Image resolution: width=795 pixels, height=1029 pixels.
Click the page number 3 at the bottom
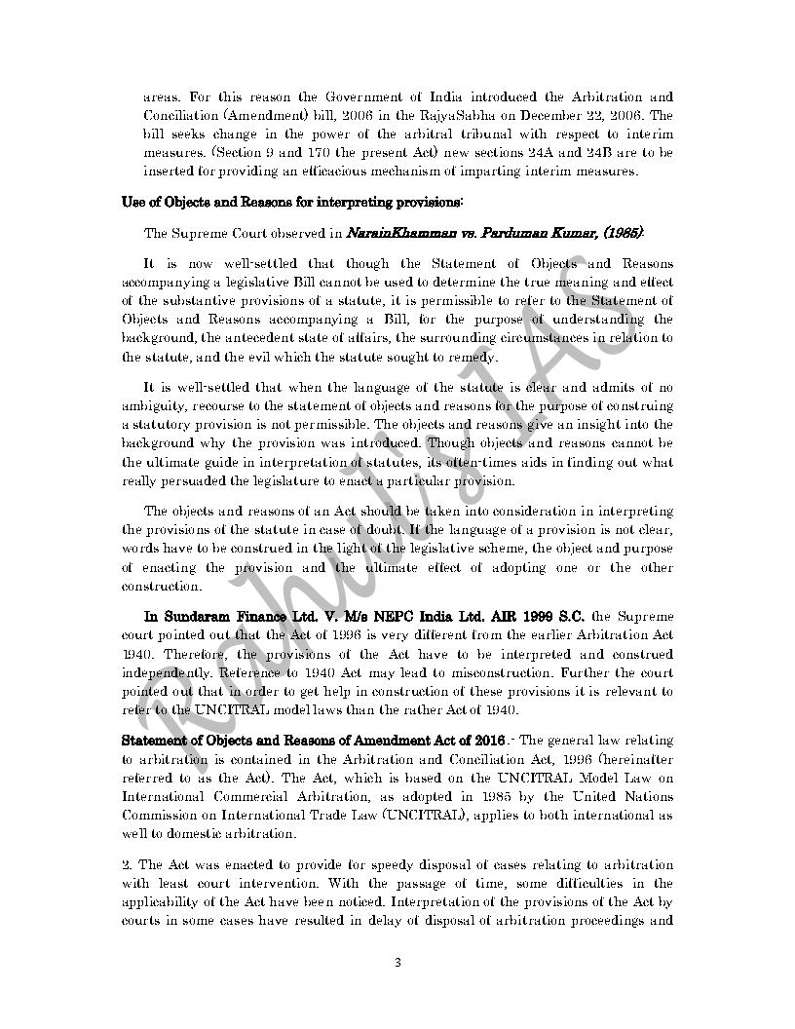point(397,964)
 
